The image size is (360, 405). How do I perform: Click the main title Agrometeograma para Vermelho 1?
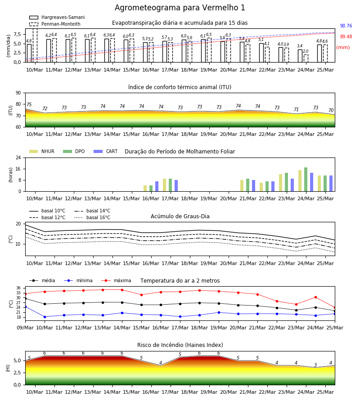pyautogui.click(x=180, y=8)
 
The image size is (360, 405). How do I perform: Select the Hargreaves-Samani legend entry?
pyautogui.click(x=57, y=17)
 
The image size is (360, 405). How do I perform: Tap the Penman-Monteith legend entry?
pyautogui.click(x=55, y=24)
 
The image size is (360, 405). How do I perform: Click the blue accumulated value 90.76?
pyautogui.click(x=346, y=26)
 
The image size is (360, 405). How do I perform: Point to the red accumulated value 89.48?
pyautogui.click(x=346, y=37)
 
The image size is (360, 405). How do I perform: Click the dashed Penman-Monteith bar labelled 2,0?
pyautogui.click(x=306, y=58)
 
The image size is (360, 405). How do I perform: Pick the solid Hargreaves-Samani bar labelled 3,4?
pyautogui.click(x=300, y=56)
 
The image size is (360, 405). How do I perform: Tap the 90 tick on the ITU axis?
pyautogui.click(x=18, y=93)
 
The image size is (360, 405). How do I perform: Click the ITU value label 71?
pyautogui.click(x=296, y=109)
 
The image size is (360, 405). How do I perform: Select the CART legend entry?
pyautogui.click(x=106, y=151)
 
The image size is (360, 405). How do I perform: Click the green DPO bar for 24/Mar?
pyautogui.click(x=306, y=180)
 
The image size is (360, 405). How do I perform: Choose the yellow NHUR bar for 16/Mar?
pyautogui.click(x=145, y=189)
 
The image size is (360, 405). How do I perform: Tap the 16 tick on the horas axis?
pyautogui.click(x=18, y=169)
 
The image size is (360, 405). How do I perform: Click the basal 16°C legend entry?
pyautogui.click(x=92, y=217)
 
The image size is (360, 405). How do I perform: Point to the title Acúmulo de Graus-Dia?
pyautogui.click(x=180, y=216)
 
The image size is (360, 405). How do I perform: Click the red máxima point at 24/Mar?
pyautogui.click(x=315, y=297)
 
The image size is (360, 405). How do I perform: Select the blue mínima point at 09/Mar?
pyautogui.click(x=25, y=307)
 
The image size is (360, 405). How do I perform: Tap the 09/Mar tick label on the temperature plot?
pyautogui.click(x=25, y=328)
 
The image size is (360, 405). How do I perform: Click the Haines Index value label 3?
pyautogui.click(x=315, y=365)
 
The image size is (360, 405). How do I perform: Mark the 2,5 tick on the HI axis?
pyautogui.click(x=17, y=373)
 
